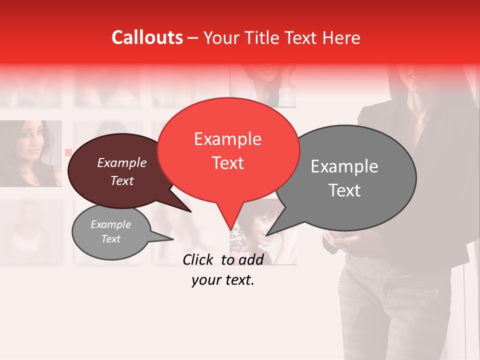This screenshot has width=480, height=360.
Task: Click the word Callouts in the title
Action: pyautogui.click(x=147, y=37)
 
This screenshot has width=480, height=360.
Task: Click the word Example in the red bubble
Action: pyautogui.click(x=227, y=139)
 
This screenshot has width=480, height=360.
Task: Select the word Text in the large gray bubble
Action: pyautogui.click(x=344, y=190)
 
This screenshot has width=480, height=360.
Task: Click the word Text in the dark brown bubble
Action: pyautogui.click(x=122, y=181)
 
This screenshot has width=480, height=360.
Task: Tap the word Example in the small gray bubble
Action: pyautogui.click(x=110, y=224)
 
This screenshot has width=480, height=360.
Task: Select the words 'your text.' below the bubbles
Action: pyautogui.click(x=223, y=280)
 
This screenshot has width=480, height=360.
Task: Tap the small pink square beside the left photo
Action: pyautogui.click(x=68, y=152)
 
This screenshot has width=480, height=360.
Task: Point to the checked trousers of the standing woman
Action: pyautogui.click(x=385, y=310)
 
